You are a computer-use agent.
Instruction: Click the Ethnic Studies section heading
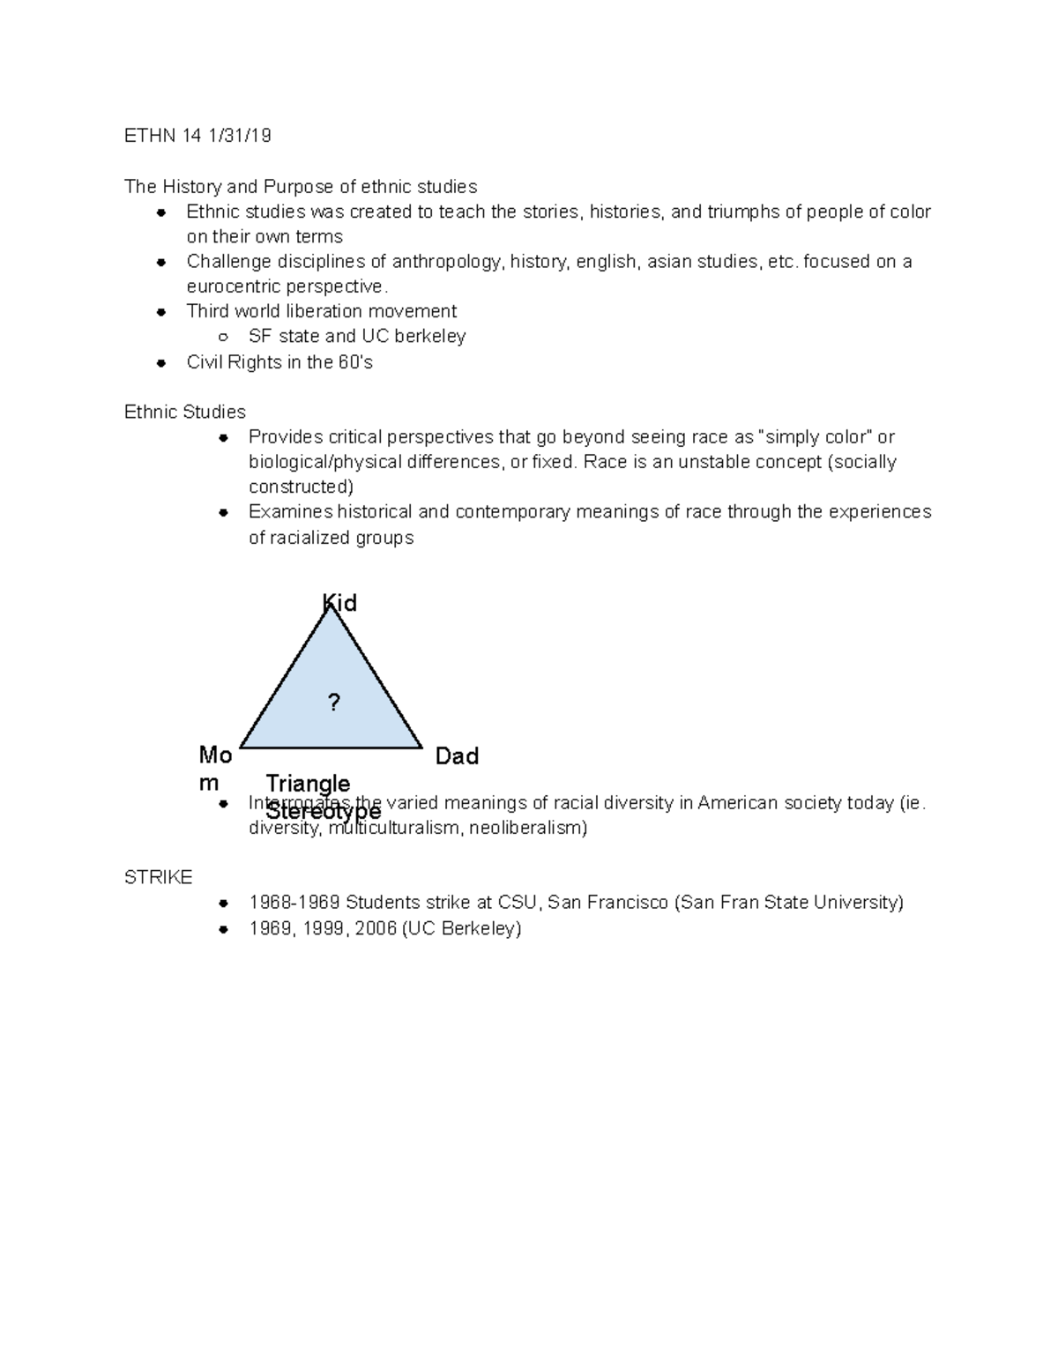[x=185, y=412]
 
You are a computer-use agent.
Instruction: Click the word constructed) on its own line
[x=301, y=487]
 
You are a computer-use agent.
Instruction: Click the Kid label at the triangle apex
[x=339, y=603]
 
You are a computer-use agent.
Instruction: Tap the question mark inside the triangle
[x=333, y=703]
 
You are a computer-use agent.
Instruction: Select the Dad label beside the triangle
[x=457, y=756]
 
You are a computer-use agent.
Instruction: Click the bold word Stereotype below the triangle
[x=324, y=812]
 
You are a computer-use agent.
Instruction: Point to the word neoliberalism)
[x=527, y=828]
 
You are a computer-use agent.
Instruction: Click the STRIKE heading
[x=159, y=878]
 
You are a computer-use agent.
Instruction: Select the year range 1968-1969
[x=294, y=903]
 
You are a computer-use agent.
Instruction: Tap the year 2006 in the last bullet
[x=376, y=928]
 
